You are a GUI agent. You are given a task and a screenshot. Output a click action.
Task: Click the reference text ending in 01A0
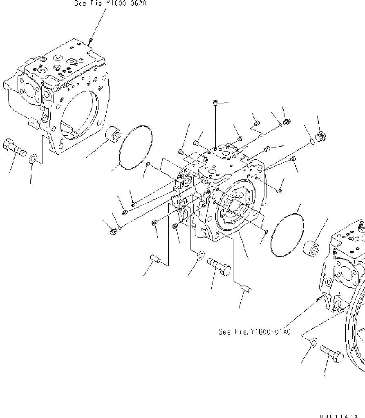[254, 332]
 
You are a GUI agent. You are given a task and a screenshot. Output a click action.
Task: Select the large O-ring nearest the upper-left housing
[135, 147]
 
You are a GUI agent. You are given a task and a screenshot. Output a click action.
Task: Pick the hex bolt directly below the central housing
[219, 265]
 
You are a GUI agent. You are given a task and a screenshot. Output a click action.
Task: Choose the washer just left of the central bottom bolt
[200, 256]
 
